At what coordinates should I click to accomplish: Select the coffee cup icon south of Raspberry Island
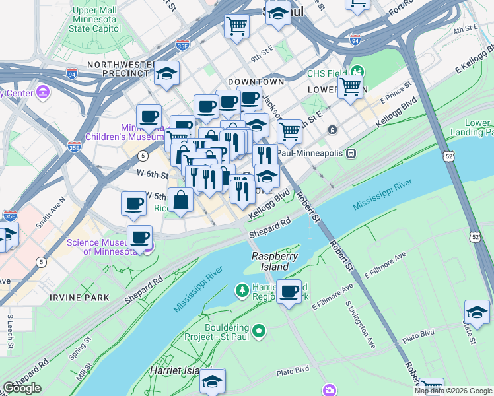click(289, 291)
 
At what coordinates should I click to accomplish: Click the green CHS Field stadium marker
click(357, 71)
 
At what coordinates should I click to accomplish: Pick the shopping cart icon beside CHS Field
click(350, 86)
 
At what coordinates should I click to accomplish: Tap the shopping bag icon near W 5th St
click(180, 200)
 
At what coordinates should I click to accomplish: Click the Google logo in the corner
click(22, 388)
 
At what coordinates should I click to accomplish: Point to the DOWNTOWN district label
click(256, 82)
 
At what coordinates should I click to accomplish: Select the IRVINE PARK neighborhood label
click(79, 298)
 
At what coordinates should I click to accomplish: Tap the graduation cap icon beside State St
click(477, 312)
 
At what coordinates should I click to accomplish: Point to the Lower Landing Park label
click(477, 127)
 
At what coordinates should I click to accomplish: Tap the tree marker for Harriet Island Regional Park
click(242, 290)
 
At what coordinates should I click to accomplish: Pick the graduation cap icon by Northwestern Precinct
click(167, 74)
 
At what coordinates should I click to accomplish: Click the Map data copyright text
click(453, 391)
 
